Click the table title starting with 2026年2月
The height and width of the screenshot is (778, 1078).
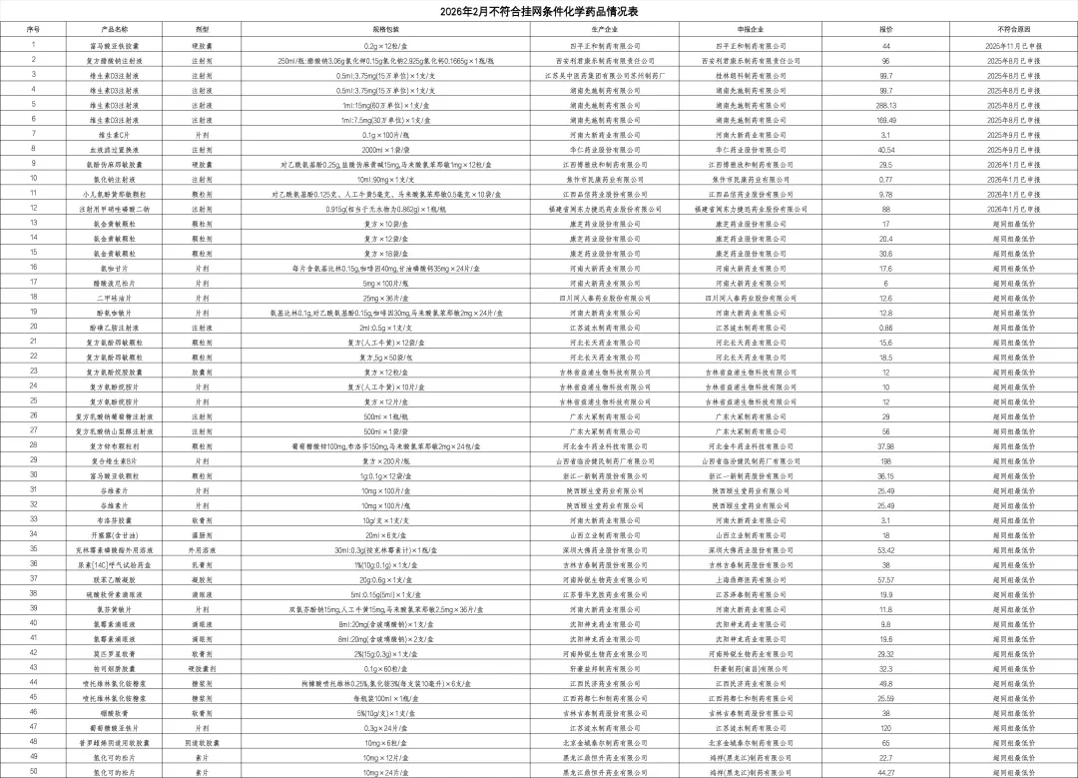pyautogui.click(x=539, y=12)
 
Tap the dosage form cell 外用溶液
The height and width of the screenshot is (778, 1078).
pyautogui.click(x=202, y=549)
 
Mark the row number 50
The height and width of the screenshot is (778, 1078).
pyautogui.click(x=33, y=772)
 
